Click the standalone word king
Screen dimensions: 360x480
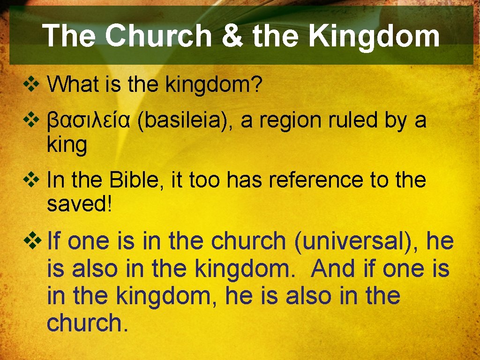coord(67,146)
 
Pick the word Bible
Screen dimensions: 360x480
coord(136,180)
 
